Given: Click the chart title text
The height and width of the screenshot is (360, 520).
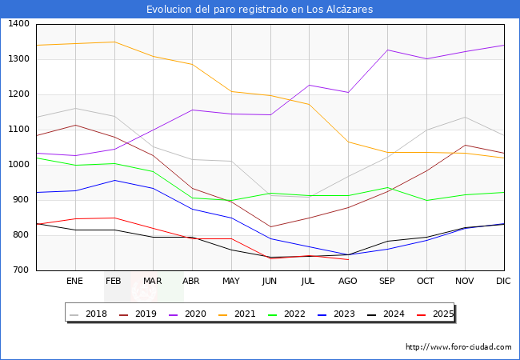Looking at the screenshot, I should point(259,10).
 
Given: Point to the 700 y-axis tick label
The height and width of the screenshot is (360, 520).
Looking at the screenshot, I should point(20,270).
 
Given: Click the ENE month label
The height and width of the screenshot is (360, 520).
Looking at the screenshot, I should point(75,282).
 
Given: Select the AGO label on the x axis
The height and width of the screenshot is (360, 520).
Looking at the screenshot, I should point(348,282).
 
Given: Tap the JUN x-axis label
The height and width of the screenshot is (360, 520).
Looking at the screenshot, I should point(270,282).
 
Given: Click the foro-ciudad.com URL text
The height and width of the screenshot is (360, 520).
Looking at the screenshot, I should point(458,347).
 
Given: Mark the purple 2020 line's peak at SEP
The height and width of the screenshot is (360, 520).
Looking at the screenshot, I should point(387,50).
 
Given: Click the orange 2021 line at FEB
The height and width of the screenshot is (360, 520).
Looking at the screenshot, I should point(114,42).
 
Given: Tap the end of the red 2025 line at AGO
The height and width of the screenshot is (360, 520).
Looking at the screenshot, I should point(348,260).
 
